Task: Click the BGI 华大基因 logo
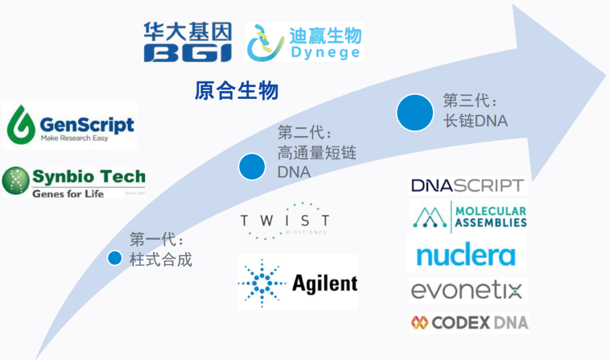[x=187, y=41]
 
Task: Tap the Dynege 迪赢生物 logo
[x=304, y=42]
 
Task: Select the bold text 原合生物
[x=237, y=90]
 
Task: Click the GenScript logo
[x=70, y=125]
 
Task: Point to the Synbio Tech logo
[x=73, y=181]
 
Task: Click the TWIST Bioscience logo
[x=284, y=220]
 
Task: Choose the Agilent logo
[x=298, y=282]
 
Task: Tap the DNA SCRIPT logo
[x=467, y=185]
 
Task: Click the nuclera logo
[x=466, y=255]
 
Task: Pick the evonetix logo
[x=467, y=291]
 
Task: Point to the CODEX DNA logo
[x=469, y=323]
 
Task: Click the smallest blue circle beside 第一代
[x=115, y=258]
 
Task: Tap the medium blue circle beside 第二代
[x=252, y=166]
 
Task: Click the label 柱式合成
[x=161, y=260]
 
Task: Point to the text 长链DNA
[x=475, y=120]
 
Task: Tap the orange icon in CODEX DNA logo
[x=419, y=323]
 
